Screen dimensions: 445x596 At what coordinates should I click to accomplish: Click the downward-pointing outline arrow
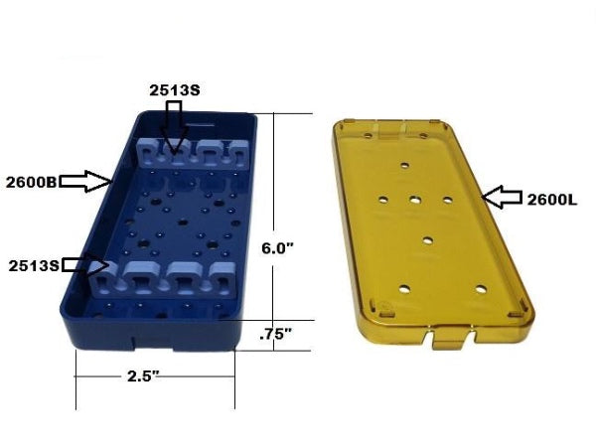pos(175,127)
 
